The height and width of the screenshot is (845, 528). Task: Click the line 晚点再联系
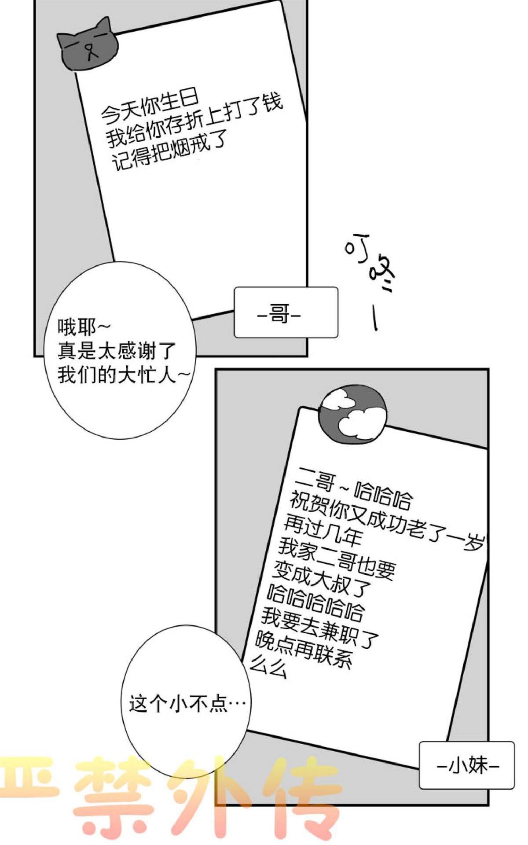coord(304,653)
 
